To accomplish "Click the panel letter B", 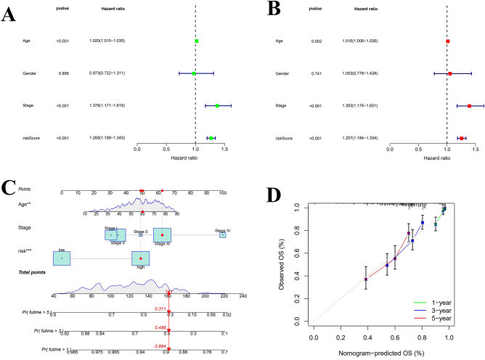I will (256, 11).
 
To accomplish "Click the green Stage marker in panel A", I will (216, 105).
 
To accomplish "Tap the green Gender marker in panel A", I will (194, 73).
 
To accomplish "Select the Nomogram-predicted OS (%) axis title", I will (381, 353).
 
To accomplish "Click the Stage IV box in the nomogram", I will (223, 234).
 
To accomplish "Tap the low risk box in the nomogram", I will (62, 257).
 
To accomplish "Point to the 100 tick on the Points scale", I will (223, 193).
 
